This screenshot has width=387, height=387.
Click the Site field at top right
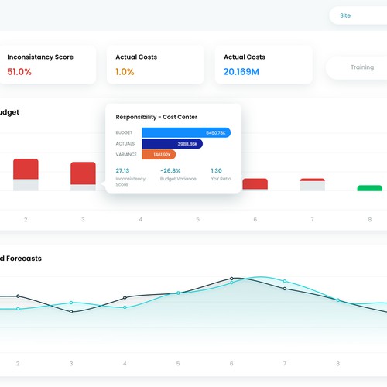[356, 15]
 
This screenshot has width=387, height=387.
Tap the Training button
[361, 67]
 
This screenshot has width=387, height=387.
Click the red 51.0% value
[19, 72]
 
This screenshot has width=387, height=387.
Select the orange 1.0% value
[125, 72]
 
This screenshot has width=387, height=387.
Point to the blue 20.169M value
[241, 72]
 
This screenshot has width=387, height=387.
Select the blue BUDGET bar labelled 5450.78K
[186, 132]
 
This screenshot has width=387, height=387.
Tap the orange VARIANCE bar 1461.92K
[158, 155]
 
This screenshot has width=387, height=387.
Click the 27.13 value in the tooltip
[122, 170]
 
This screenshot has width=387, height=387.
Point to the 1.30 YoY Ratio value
[216, 170]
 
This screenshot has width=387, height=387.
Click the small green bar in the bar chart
[369, 188]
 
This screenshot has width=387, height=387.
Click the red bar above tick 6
[255, 183]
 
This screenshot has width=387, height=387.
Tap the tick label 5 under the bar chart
[197, 220]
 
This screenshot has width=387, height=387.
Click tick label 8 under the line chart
[337, 363]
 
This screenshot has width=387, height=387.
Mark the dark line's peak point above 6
[231, 278]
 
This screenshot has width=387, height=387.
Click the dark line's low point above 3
[71, 312]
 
